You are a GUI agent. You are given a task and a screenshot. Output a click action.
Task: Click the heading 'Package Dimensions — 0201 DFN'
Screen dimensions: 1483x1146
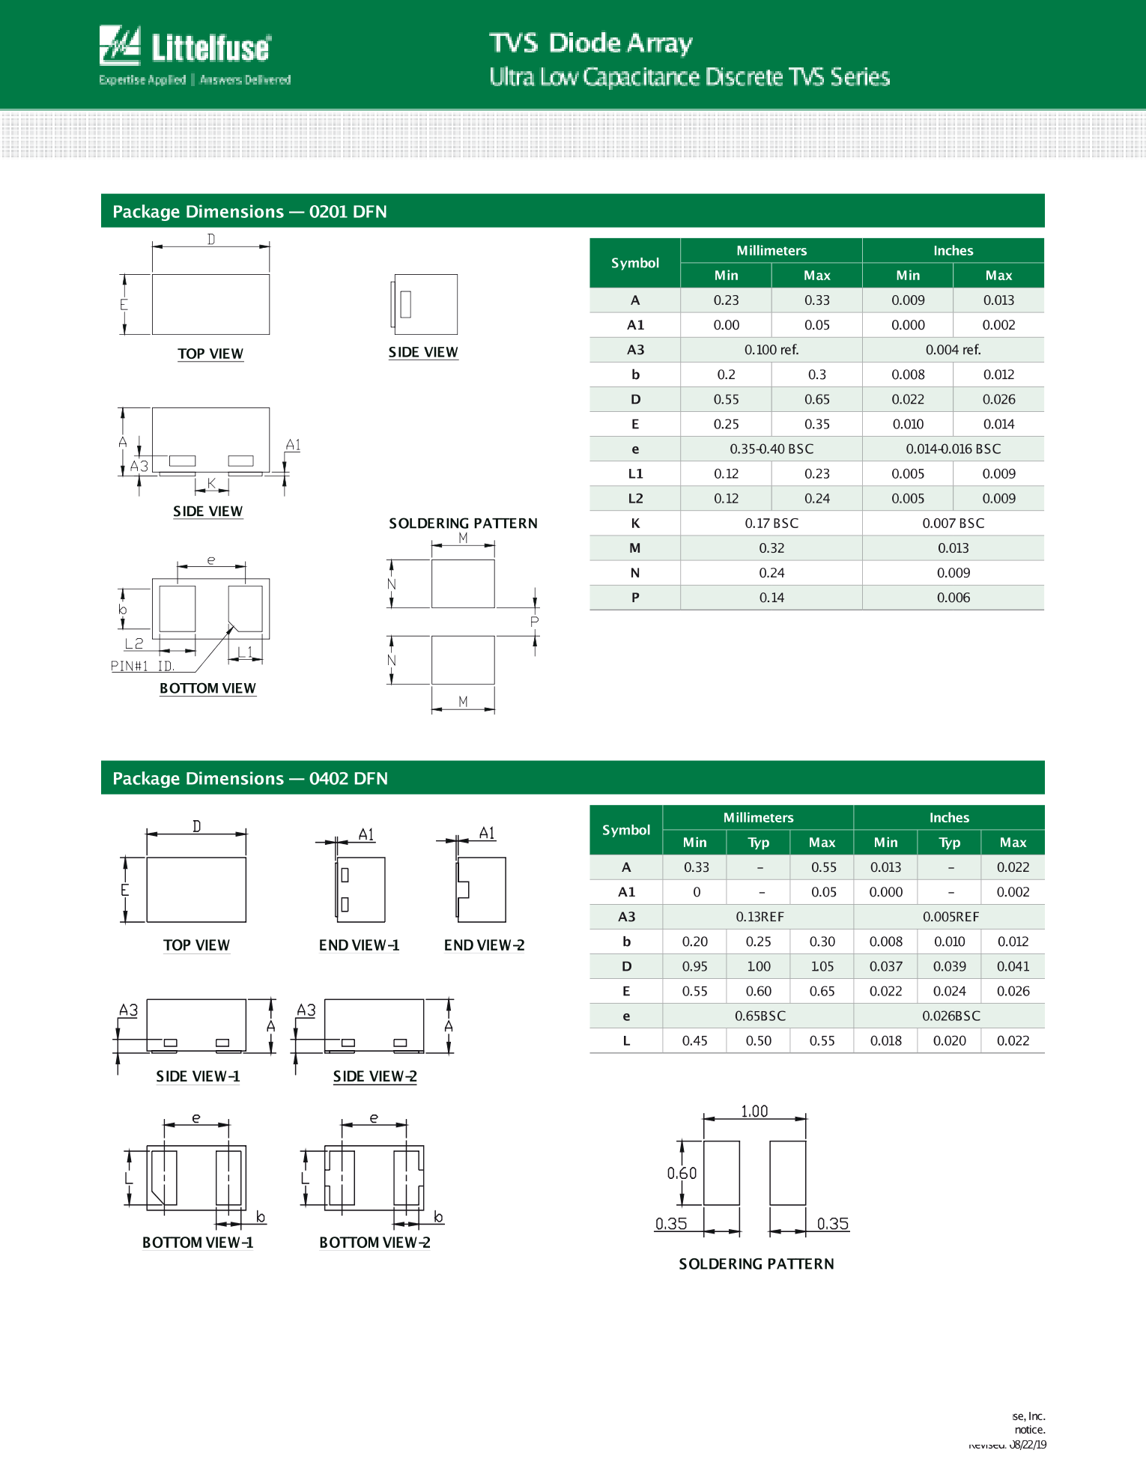(x=249, y=212)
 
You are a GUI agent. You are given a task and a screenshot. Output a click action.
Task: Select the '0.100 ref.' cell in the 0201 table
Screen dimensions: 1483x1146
(x=771, y=350)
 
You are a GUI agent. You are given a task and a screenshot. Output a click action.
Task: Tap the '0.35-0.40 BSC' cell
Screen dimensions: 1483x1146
(x=771, y=449)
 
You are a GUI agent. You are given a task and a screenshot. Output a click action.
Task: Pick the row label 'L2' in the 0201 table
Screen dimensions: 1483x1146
(x=635, y=499)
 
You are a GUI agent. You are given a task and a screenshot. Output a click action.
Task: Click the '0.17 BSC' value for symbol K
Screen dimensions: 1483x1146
(x=771, y=524)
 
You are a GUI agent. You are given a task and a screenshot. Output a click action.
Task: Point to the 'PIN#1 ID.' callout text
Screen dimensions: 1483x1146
(x=142, y=666)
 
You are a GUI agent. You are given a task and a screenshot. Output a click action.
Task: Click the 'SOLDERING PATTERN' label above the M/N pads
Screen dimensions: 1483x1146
(x=463, y=524)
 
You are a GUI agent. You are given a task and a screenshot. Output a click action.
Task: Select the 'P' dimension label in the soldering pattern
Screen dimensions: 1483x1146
(x=534, y=622)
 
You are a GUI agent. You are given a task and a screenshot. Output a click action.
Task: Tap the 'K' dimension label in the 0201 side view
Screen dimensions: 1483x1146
(x=212, y=484)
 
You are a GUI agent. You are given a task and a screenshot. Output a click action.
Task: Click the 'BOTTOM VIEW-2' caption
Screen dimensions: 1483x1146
(x=375, y=1243)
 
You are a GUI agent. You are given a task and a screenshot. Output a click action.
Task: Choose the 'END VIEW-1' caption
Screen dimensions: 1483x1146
(x=359, y=945)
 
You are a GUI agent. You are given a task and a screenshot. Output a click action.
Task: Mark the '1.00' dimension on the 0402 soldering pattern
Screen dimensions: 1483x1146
(x=754, y=1112)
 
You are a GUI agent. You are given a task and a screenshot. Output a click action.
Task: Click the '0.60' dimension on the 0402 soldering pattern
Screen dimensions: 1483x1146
(x=682, y=1173)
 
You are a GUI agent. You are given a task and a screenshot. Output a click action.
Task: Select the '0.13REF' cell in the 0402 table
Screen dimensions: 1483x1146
(x=759, y=917)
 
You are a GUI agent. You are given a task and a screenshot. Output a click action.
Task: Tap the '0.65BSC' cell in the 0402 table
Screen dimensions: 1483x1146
(x=759, y=1016)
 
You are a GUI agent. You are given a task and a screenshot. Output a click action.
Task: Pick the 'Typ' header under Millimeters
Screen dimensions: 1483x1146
(x=759, y=843)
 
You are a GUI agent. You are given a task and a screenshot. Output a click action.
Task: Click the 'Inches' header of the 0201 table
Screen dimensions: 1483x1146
(x=953, y=251)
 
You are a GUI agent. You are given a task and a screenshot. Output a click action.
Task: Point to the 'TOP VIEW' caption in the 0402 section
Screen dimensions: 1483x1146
(x=196, y=945)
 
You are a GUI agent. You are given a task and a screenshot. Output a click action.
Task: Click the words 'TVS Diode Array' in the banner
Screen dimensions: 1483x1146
(x=590, y=43)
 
